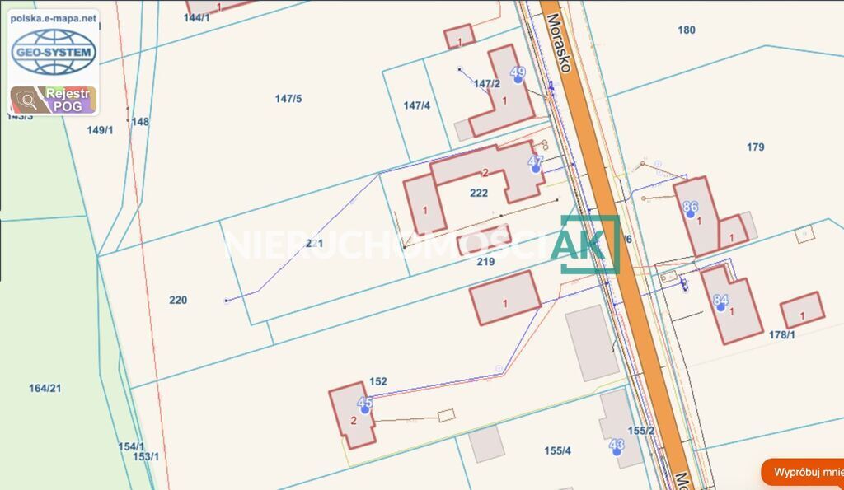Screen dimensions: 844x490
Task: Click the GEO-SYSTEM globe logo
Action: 54,52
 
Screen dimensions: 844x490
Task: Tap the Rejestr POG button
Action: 54,100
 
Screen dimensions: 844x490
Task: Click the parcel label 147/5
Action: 288,99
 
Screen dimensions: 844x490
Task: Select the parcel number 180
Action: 687,30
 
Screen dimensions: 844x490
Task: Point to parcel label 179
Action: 756,147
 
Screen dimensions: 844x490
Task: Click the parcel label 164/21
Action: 45,388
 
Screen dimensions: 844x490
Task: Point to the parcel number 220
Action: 178,301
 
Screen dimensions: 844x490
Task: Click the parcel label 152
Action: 378,381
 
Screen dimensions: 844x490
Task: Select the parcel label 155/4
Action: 558,450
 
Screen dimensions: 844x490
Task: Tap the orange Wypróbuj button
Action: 804,472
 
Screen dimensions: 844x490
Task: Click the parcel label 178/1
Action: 781,334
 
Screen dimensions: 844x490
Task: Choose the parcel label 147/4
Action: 417,105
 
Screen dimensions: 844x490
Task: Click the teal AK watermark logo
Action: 589,244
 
